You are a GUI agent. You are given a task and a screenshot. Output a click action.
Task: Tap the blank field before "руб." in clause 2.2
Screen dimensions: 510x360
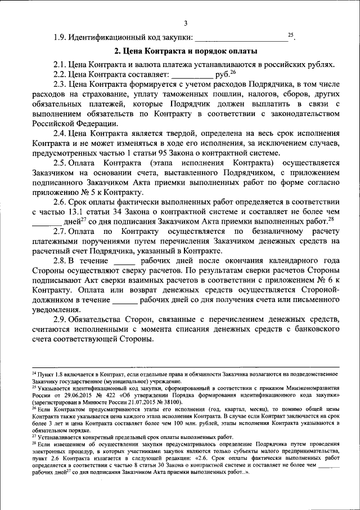tap(192, 74)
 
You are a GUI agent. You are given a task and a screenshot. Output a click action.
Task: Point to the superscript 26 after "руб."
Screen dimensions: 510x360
tap(233, 72)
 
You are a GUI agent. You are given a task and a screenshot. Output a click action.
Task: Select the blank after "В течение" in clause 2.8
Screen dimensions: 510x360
tap(124, 261)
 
